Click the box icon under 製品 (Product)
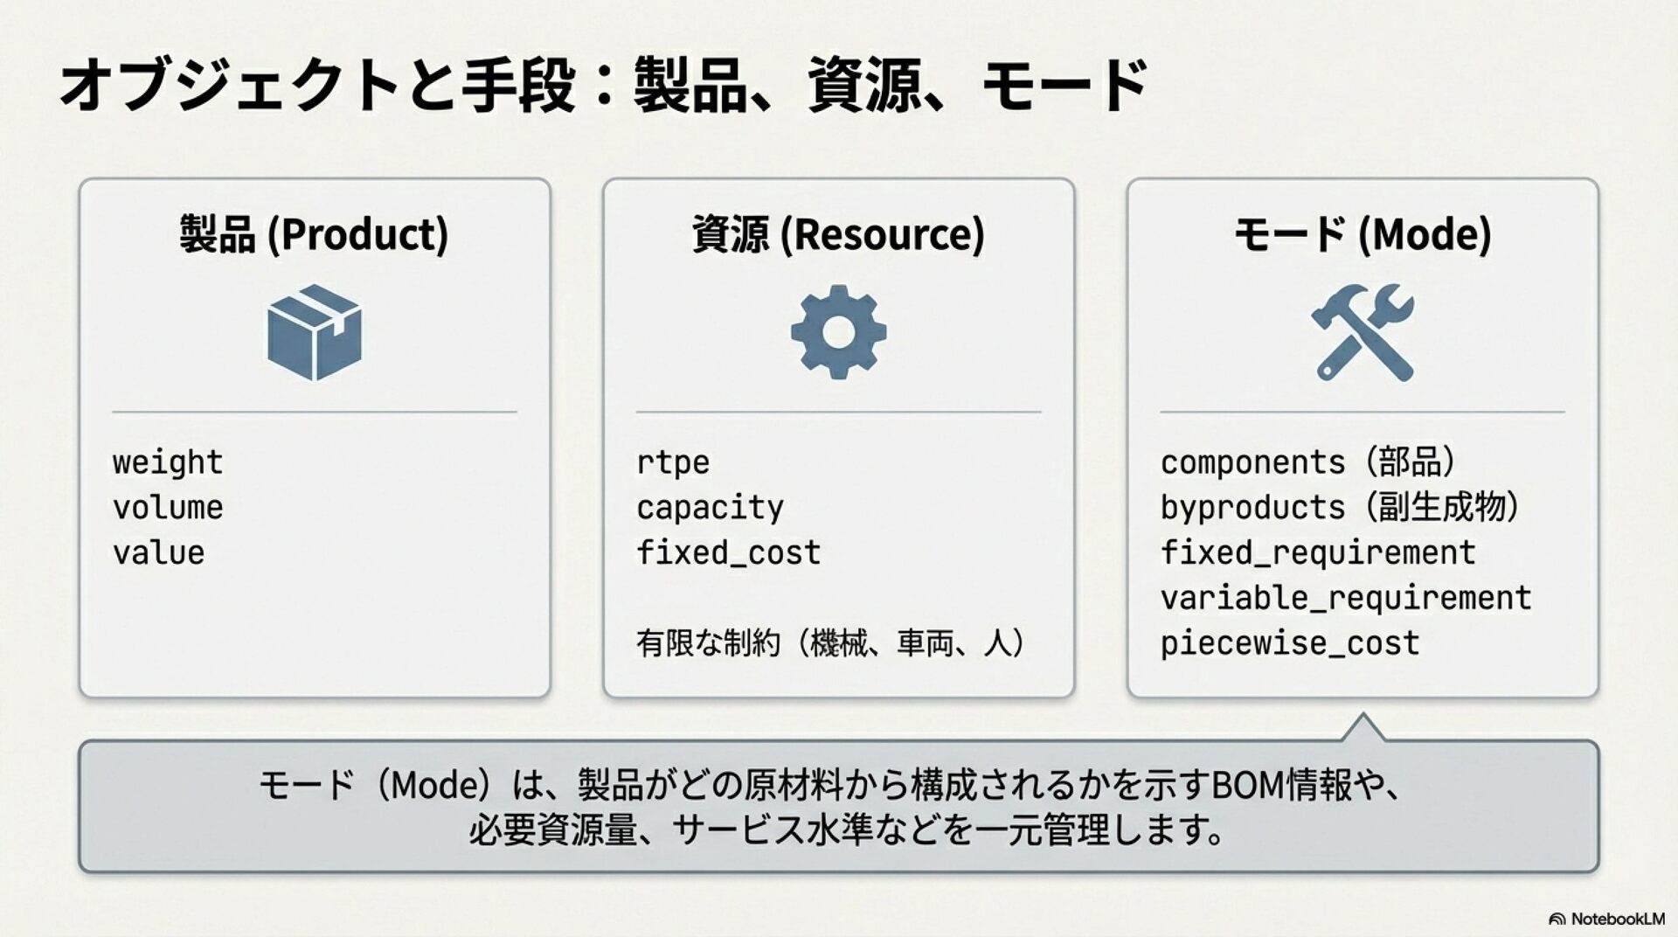(315, 332)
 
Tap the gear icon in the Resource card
(838, 332)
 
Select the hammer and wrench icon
(1363, 332)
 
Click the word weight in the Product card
(168, 462)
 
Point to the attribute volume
(168, 508)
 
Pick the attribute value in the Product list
(158, 553)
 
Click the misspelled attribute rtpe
(672, 462)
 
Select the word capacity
(710, 508)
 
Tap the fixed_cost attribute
(728, 553)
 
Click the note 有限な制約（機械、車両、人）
(830, 643)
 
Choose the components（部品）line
(1308, 462)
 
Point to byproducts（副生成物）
(1340, 508)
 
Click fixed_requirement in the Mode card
(1317, 553)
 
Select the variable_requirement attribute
(1345, 599)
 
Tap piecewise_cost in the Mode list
(1289, 644)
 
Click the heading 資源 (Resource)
(838, 234)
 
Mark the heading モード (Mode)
(1363, 234)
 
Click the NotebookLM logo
(1606, 919)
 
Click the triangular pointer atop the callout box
(1363, 728)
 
